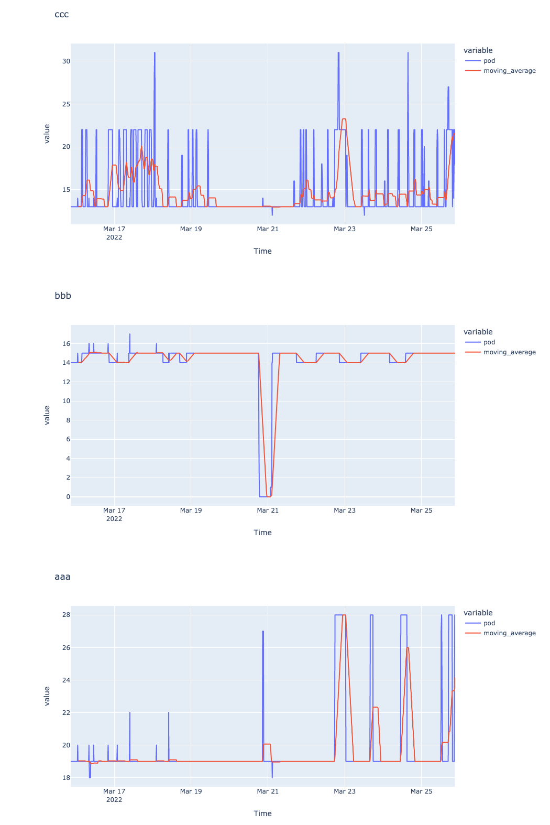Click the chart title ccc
(x=62, y=15)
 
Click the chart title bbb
(x=63, y=296)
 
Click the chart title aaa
(x=62, y=577)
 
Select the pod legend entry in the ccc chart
(x=489, y=61)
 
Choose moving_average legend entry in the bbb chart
(x=509, y=352)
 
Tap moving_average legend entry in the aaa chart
(x=509, y=633)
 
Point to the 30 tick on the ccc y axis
(x=66, y=61)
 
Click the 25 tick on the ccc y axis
(x=66, y=104)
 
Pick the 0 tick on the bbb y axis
(x=68, y=497)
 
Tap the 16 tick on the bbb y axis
(x=66, y=344)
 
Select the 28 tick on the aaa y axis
(x=66, y=615)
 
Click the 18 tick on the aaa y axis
(x=66, y=778)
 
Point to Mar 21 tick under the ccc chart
(x=268, y=229)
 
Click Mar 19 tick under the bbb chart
(x=191, y=511)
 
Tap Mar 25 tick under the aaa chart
(x=421, y=791)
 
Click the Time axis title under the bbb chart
(x=262, y=533)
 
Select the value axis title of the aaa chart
(x=47, y=696)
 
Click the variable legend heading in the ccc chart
(x=478, y=51)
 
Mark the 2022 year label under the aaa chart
(x=114, y=800)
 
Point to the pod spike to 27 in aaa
(x=263, y=632)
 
